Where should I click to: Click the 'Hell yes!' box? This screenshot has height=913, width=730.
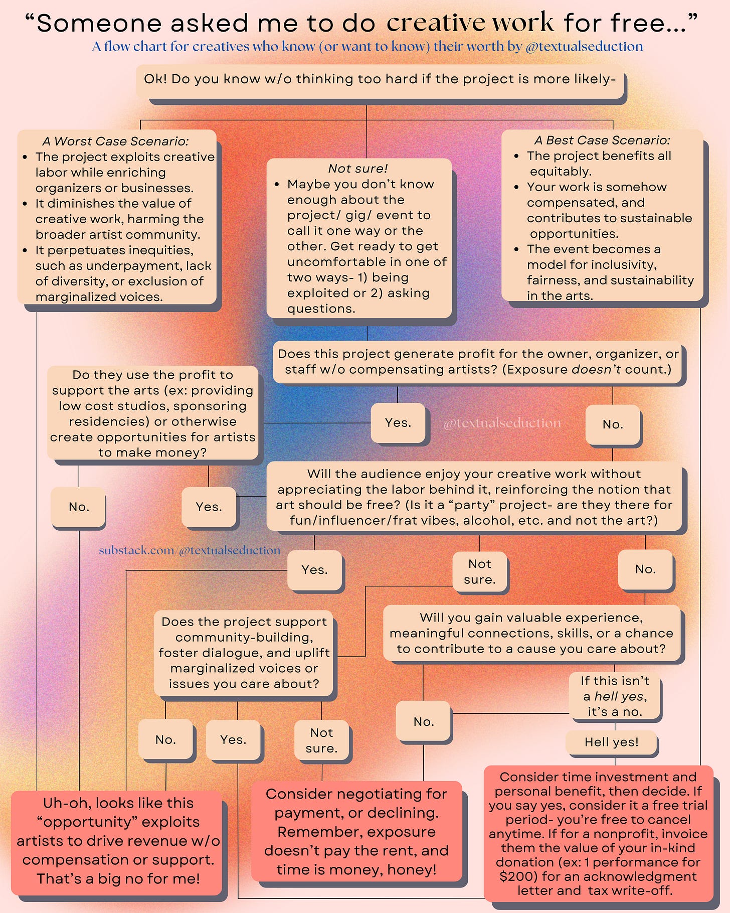611,742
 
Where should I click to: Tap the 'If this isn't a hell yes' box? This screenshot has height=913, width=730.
615,696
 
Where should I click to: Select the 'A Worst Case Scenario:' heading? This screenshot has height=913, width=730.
115,141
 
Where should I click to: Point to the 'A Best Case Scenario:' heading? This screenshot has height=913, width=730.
602,140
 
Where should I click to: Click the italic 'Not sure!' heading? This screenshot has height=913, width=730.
358,169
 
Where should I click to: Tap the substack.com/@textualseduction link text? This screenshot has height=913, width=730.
190,550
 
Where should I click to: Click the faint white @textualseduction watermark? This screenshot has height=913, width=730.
502,423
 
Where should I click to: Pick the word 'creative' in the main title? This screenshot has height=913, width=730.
436,23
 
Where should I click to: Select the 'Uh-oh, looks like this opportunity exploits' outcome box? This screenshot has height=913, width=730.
118,840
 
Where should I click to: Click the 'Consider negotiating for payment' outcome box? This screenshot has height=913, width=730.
356,831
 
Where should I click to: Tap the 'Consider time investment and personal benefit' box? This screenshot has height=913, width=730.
598,833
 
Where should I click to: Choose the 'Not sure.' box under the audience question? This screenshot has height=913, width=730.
480,571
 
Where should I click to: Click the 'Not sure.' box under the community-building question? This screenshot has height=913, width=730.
321,740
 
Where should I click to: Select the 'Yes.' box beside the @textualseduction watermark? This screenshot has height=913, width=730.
398,423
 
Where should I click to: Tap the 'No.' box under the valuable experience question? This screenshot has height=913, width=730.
424,721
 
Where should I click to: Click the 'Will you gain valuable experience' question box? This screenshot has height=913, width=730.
531,633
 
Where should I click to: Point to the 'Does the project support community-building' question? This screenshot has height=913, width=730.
244,653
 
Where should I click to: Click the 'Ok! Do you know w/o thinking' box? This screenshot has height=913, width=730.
380,79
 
